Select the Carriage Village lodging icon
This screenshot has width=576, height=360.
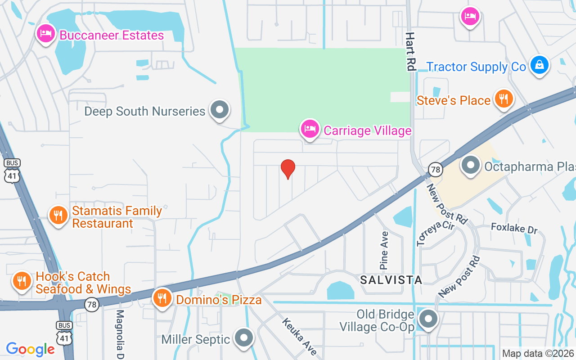tap(310, 129)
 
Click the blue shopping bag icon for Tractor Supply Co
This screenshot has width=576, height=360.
tap(539, 65)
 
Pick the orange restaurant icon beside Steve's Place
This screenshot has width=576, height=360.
tap(504, 99)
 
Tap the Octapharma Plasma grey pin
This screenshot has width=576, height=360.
tap(471, 165)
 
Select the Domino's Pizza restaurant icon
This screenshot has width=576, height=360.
tap(162, 298)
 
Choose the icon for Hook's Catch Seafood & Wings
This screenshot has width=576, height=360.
tap(21, 281)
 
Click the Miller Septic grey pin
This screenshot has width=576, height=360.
tap(244, 337)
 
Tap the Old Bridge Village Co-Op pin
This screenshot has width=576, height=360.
tap(428, 319)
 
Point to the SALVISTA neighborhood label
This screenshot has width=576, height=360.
tap(391, 280)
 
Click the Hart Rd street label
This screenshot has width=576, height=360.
tap(410, 51)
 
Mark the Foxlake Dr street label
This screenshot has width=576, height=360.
tap(514, 228)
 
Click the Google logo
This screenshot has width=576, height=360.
tap(31, 349)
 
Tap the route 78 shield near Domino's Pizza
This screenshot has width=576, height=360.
tap(92, 305)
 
